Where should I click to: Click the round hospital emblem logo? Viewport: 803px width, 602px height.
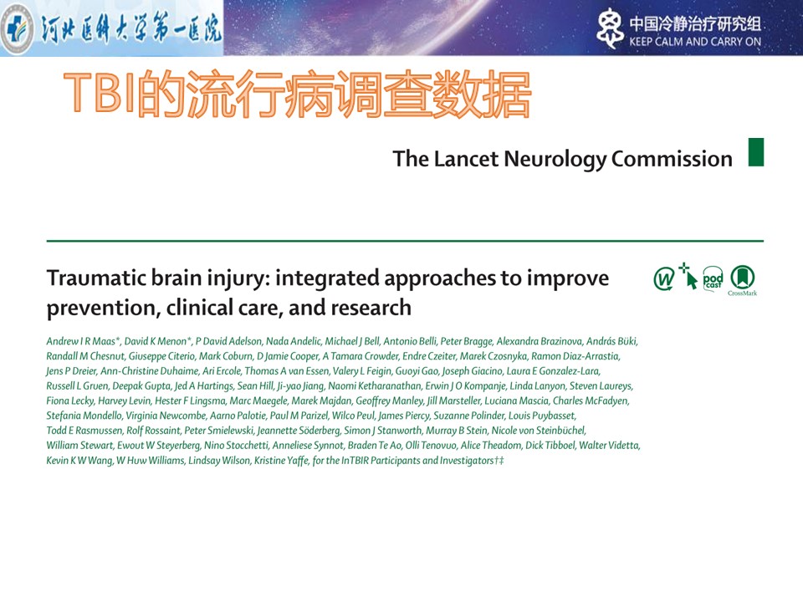[17, 28]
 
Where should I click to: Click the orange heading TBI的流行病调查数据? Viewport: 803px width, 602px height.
[298, 94]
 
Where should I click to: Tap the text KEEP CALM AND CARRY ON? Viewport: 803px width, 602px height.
[695, 42]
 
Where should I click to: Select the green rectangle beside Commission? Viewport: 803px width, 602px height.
[756, 152]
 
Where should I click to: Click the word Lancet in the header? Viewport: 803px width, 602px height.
[466, 159]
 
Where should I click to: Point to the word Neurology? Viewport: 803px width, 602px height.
[555, 160]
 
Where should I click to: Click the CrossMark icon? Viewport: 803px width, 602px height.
[743, 280]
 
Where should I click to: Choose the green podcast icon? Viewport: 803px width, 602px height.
[713, 279]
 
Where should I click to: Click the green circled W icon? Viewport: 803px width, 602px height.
[664, 279]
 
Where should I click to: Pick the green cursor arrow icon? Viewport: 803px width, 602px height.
[688, 276]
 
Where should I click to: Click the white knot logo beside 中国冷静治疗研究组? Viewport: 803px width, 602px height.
[610, 28]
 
